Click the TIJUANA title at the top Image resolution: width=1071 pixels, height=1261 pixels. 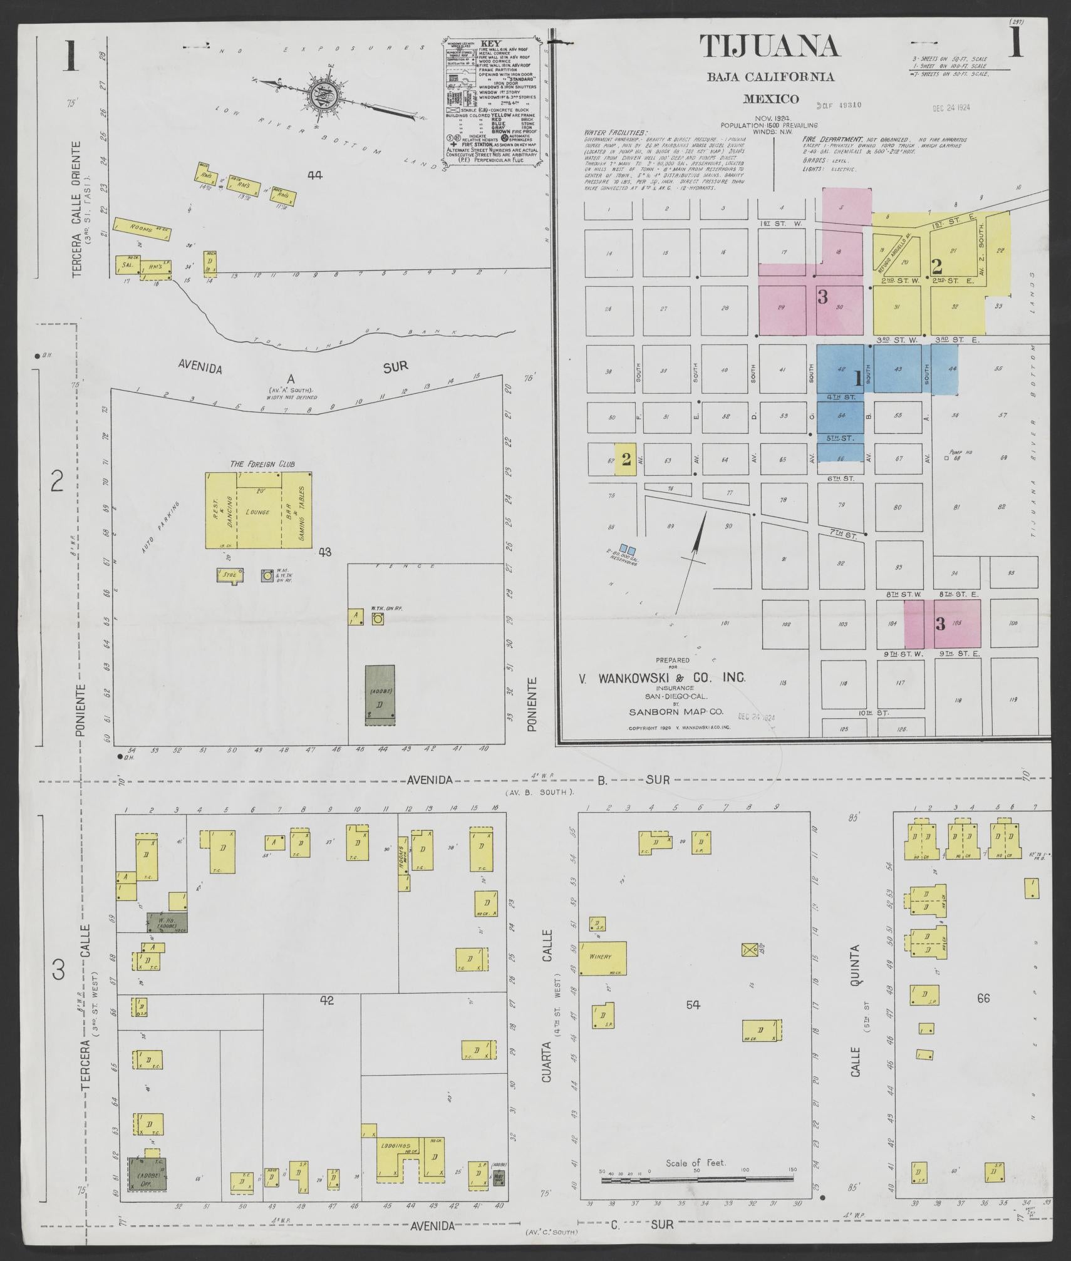point(768,46)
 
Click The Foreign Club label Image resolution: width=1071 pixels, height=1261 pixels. point(262,464)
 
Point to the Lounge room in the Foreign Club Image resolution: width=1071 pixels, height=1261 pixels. point(258,512)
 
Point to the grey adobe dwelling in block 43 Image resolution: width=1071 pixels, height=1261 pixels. point(380,695)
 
